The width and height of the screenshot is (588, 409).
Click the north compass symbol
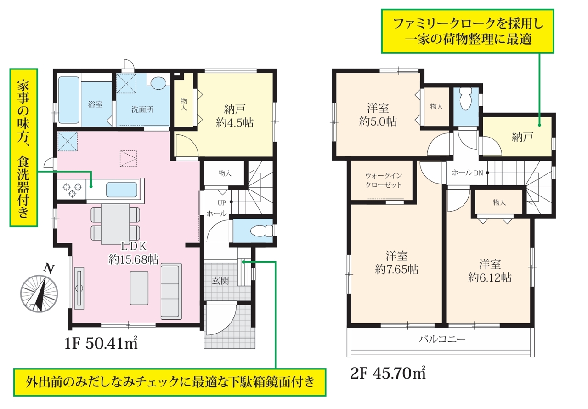tap(39, 292)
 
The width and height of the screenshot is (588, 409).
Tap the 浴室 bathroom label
tap(95, 104)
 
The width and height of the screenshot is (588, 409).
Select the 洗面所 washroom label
tap(142, 109)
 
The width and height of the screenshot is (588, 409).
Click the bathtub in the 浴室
tap(69, 100)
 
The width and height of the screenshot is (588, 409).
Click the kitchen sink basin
tap(122, 190)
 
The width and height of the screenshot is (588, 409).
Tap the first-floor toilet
tap(262, 230)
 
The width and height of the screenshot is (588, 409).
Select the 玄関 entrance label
tap(220, 281)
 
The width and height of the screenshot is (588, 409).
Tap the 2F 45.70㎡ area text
tap(388, 373)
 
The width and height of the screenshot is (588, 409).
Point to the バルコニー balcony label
tap(442, 339)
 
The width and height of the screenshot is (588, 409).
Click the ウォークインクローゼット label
tap(384, 180)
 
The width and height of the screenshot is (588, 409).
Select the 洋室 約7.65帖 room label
tap(396, 263)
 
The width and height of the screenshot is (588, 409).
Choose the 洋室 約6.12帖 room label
tap(490, 271)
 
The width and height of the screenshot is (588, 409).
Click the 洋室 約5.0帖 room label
tap(378, 115)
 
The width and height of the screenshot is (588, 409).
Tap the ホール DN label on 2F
tap(468, 173)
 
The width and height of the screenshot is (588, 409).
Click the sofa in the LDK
tap(171, 291)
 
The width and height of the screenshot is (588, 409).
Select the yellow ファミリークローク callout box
tap(468, 31)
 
